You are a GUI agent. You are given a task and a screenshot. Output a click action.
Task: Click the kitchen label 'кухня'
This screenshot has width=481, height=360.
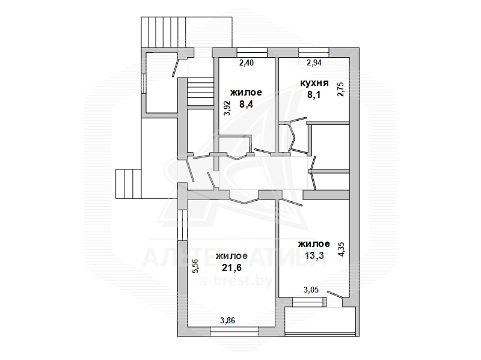(x=314, y=83)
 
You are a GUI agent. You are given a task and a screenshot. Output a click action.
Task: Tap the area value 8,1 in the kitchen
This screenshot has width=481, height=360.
(x=314, y=95)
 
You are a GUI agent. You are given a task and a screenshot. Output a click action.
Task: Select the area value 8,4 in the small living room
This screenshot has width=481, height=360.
(x=246, y=105)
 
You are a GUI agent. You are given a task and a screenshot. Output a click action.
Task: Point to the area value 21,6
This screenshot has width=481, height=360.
(x=231, y=267)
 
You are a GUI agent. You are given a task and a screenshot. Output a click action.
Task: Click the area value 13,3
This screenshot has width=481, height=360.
(x=314, y=255)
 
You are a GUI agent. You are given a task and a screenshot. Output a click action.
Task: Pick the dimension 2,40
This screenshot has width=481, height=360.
(x=247, y=63)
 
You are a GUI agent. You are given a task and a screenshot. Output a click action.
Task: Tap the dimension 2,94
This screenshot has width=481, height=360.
(x=314, y=63)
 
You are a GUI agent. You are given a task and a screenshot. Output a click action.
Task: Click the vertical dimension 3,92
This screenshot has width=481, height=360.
(x=227, y=108)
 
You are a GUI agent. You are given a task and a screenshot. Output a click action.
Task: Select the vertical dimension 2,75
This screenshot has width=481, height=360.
(x=340, y=89)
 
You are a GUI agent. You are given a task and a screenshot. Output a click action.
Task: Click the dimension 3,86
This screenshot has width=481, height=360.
(x=228, y=321)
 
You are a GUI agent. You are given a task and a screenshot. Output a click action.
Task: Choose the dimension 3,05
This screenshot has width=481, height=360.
(x=311, y=290)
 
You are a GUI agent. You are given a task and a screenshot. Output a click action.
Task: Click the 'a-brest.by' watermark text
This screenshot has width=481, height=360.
(x=235, y=281)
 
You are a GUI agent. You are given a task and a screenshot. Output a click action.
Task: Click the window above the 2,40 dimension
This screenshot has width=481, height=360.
(x=252, y=52)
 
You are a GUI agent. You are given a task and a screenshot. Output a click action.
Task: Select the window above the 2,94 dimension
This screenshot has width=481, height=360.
(x=314, y=52)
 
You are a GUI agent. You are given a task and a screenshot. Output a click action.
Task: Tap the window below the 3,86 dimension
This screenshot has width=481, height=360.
(x=234, y=332)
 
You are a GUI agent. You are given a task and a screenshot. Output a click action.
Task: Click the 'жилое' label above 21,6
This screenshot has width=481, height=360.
(x=231, y=256)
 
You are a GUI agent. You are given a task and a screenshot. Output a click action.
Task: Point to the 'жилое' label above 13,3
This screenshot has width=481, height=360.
(x=314, y=244)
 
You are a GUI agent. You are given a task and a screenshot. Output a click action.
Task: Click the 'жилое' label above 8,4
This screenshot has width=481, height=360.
(x=246, y=93)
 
